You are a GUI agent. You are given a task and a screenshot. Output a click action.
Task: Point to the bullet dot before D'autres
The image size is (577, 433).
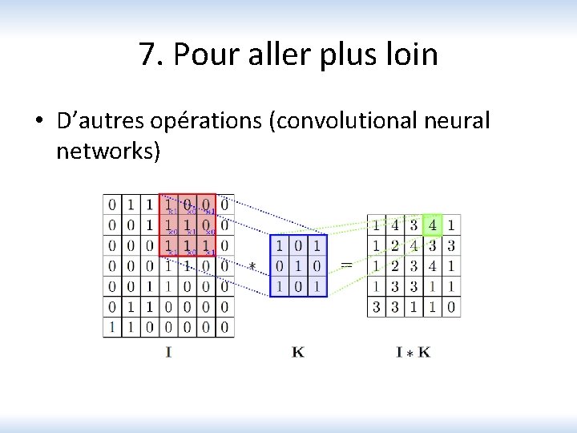38,122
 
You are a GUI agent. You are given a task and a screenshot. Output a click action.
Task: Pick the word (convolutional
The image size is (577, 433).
350,122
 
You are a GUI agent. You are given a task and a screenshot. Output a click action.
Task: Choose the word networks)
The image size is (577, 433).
108,151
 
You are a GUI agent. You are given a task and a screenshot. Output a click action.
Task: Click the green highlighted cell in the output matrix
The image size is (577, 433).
433,224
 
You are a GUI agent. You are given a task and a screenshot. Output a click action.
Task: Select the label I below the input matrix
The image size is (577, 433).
168,351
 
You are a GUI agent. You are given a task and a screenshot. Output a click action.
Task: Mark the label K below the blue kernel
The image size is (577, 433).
298,351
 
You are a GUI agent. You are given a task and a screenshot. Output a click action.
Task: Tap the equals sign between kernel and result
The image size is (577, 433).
346,265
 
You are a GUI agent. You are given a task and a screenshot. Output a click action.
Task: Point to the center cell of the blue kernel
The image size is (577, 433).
298,265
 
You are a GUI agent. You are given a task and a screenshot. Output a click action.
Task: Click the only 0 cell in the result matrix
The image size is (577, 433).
452,306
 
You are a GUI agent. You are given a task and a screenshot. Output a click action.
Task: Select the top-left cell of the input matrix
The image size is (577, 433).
112,204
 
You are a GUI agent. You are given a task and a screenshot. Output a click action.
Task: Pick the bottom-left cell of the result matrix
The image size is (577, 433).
376,306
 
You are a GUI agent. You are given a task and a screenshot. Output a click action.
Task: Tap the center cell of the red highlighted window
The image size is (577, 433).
187,225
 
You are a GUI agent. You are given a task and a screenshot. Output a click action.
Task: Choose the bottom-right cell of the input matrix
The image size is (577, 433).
225,327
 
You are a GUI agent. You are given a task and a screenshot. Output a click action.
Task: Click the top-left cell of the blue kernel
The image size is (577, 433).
280,245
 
